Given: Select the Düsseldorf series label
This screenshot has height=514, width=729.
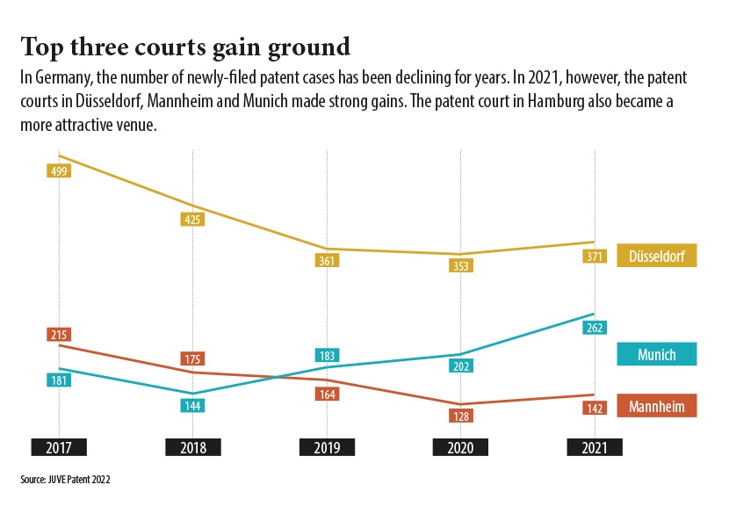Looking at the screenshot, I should pyautogui.click(x=657, y=255).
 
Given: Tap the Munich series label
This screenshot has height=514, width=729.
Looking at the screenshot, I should pyautogui.click(x=657, y=354).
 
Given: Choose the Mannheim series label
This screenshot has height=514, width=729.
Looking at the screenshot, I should pyautogui.click(x=657, y=406).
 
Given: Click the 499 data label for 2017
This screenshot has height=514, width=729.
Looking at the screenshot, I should pyautogui.click(x=59, y=170).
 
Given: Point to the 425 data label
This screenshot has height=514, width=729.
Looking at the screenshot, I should pyautogui.click(x=193, y=220).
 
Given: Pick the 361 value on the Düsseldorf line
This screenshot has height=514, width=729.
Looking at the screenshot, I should pyautogui.click(x=328, y=261).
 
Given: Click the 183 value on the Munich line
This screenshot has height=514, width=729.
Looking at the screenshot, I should pyautogui.click(x=328, y=356).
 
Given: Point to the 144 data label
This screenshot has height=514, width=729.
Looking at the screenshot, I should pyautogui.click(x=193, y=406).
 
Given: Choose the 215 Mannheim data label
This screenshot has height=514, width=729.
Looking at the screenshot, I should pyautogui.click(x=59, y=335).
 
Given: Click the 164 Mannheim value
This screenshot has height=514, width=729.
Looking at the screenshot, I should pyautogui.click(x=328, y=395).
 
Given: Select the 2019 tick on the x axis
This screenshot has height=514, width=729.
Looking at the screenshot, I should pyautogui.click(x=328, y=447).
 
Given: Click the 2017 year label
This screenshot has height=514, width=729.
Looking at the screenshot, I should pyautogui.click(x=59, y=447).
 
